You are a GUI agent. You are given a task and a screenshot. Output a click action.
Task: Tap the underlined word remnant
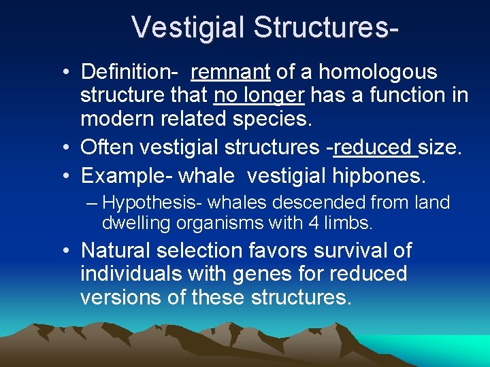[x=231, y=72]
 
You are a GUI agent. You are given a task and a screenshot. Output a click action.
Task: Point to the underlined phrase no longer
[x=259, y=96]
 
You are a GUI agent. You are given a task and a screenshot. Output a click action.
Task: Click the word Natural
[x=116, y=250]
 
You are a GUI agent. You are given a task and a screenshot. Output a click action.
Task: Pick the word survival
[x=346, y=250]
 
